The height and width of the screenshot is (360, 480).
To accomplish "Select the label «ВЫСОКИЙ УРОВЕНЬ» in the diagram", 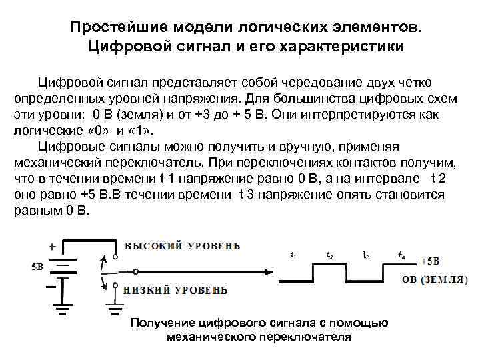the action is (183, 245).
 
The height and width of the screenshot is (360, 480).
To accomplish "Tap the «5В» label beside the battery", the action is (37, 267).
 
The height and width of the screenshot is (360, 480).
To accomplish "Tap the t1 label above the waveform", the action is (295, 255).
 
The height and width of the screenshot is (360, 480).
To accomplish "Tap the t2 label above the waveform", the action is (330, 255).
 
